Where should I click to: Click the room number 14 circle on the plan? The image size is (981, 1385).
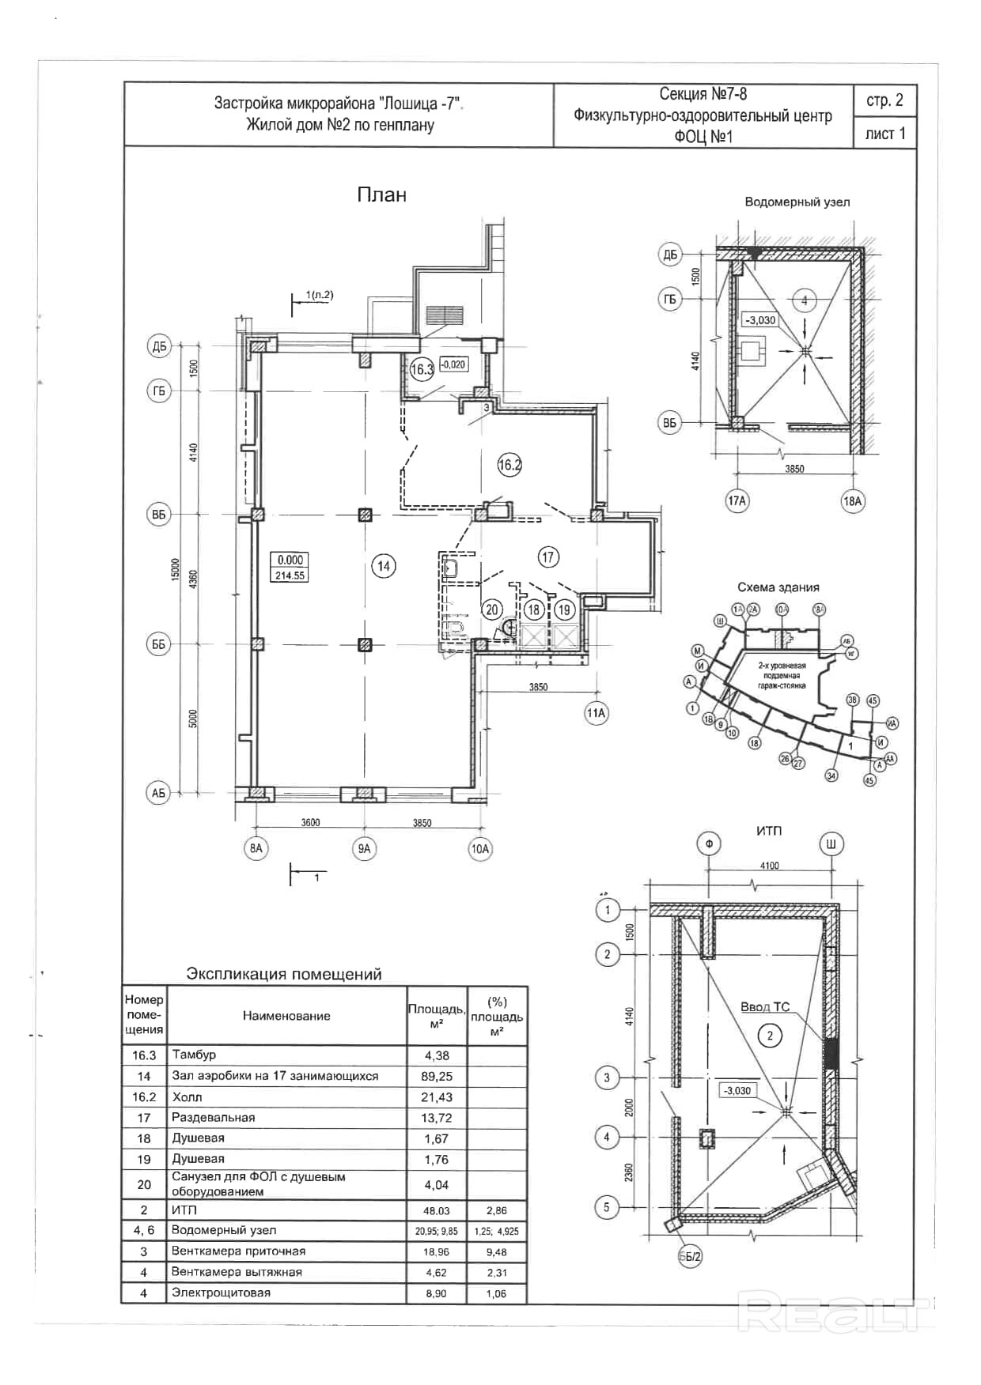coord(384,566)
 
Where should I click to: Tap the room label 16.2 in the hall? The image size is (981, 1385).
coord(509,465)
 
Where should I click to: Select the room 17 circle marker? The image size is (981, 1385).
coord(548,557)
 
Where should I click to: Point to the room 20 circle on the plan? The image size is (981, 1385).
coord(492,609)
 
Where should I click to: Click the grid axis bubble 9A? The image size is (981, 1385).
coord(364,849)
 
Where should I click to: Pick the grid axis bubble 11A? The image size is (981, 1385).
coord(596,713)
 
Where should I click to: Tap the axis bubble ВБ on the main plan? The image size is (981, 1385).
coord(159,515)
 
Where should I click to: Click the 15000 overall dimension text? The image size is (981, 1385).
coord(176,569)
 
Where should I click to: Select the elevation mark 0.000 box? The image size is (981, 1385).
coord(290,560)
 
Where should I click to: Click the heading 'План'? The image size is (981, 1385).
coord(381,194)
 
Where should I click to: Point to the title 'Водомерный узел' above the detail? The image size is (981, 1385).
coord(797,202)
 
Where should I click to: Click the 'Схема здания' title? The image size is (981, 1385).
coord(778,587)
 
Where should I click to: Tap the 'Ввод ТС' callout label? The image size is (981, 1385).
coord(764,1007)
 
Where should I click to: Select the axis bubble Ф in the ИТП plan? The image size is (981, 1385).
coord(709,844)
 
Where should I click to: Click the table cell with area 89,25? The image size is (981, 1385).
coord(437,1076)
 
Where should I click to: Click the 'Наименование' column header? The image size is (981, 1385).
coord(286,1016)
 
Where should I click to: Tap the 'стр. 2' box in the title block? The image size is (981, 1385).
coord(884,100)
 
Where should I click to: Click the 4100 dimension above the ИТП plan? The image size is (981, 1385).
coord(769,866)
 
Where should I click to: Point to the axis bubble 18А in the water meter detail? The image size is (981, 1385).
coord(852,501)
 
